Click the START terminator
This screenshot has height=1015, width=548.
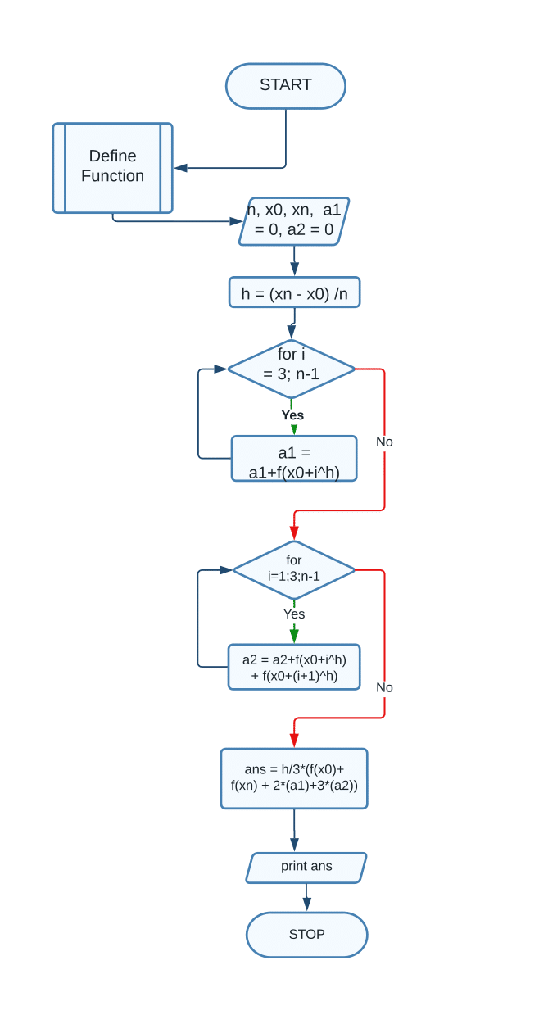pos(285,86)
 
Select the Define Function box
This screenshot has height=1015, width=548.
pos(112,168)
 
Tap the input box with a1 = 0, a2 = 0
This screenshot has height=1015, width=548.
pos(294,221)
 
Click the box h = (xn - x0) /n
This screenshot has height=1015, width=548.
pos(294,292)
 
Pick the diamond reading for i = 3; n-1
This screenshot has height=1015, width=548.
pos(292,369)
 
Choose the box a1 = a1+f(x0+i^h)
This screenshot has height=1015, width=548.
pos(294,459)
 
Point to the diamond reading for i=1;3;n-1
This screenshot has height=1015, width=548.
pos(294,569)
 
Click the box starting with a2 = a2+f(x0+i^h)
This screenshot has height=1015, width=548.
pos(294,667)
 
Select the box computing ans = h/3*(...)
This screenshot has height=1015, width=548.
pos(294,778)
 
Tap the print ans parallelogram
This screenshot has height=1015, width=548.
pos(306,868)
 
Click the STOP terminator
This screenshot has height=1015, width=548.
pos(306,935)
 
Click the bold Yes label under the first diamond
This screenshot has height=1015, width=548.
pos(292,415)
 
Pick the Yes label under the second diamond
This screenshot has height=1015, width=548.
pos(294,614)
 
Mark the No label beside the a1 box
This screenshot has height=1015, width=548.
pos(384,442)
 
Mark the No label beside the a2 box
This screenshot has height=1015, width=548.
pos(384,687)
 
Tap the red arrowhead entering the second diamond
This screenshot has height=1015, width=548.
pos(294,533)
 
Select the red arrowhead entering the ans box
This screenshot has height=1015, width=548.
pos(294,741)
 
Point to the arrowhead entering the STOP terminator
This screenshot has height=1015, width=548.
pos(306,904)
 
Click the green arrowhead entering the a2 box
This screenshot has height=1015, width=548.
pos(294,637)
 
